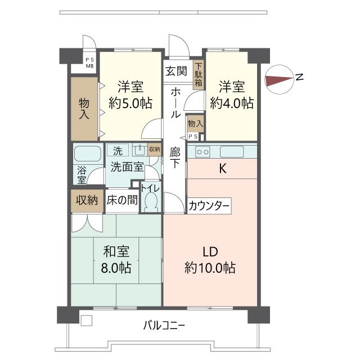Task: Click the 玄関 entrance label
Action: pos(176,71)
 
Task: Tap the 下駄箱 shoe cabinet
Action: pos(199,74)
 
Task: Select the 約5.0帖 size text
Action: pos(130,103)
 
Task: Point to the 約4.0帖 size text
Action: pos(231,103)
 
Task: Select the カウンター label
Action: pos(209,206)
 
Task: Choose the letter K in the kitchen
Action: pos(222,168)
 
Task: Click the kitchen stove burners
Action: pos(202,151)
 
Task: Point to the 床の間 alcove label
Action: pos(121,200)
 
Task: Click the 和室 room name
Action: pos(116,251)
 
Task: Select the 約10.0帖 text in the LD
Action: pos(209,268)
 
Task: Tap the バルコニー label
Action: pos(164,325)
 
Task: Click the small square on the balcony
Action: pos(86,321)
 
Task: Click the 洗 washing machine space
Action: pos(117,151)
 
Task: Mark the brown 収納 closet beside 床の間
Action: pos(87,200)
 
